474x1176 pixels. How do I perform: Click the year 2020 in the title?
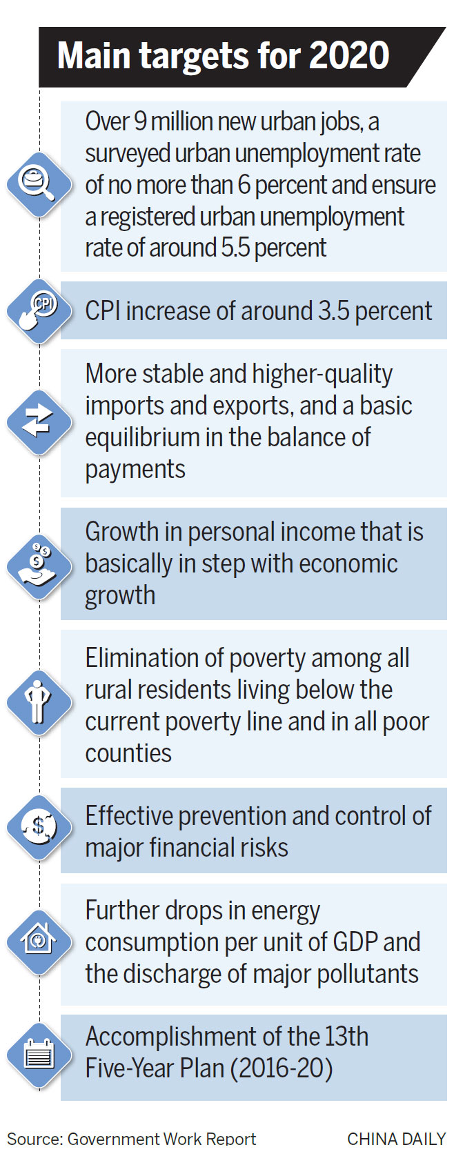click(349, 55)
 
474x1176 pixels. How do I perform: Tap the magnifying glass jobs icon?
click(38, 183)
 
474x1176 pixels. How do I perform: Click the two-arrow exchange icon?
click(37, 421)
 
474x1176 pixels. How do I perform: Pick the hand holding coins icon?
click(36, 564)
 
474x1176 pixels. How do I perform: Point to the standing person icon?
click(38, 701)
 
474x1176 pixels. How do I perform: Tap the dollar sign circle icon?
click(39, 827)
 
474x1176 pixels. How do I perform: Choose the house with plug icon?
click(38, 939)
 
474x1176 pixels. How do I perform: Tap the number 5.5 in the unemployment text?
click(235, 248)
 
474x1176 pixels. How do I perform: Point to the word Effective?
click(128, 816)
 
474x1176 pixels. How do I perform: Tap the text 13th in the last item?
click(346, 1037)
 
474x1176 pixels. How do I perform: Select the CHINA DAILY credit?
click(396, 1139)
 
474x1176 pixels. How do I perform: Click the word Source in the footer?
click(34, 1139)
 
